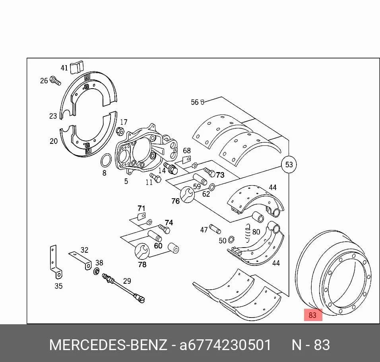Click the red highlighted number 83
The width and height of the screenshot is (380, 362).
pos(313,315)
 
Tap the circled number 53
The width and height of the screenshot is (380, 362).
pos(289,165)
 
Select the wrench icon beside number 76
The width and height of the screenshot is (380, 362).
pos(187,195)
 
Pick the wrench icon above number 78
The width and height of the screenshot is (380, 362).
pos(142,252)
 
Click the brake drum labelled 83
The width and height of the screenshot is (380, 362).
pos(333,273)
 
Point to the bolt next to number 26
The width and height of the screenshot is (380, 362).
pos(55,80)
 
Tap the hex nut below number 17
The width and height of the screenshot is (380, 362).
pos(120,131)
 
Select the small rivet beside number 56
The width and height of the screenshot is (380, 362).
pos(203,102)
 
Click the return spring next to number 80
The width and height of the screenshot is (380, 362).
pos(247,233)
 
